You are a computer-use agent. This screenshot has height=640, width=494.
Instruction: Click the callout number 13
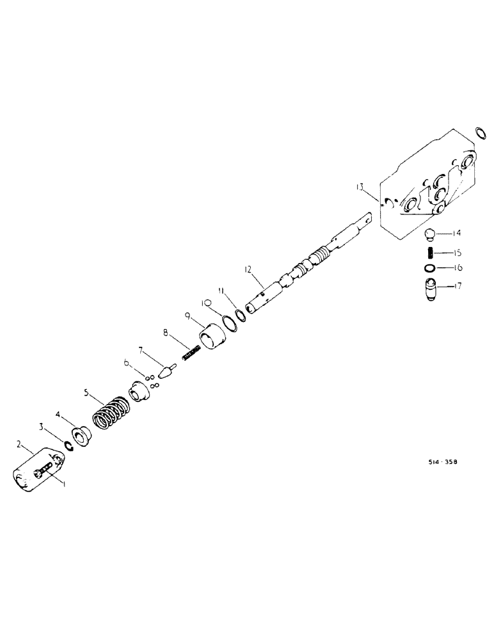coord(360,187)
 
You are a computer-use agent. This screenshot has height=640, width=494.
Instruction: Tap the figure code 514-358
coord(443,461)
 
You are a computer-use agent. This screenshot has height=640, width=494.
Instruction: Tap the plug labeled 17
coord(433,289)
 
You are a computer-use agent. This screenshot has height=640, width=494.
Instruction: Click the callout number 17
coord(459,286)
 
